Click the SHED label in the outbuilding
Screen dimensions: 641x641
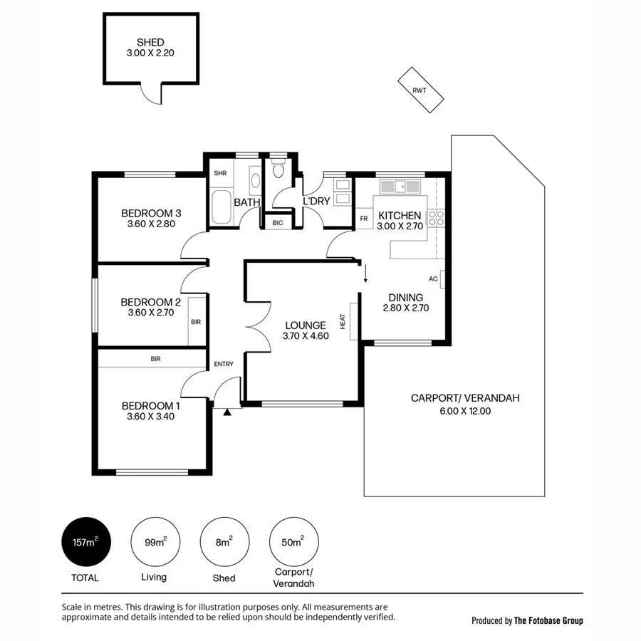point(150,43)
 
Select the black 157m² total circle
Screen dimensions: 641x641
point(85,542)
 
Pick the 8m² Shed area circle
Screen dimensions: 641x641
point(223,542)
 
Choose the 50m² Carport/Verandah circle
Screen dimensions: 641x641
point(292,542)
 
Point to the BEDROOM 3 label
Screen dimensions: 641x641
point(151,213)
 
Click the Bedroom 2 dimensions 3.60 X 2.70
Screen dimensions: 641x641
point(151,312)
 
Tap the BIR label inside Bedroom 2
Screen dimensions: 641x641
point(196,322)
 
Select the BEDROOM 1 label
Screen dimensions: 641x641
point(151,406)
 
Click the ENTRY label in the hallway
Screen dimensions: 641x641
point(224,365)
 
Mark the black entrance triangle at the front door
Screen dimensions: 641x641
point(227,412)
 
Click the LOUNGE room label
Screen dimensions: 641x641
point(304,325)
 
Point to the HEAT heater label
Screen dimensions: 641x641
point(343,323)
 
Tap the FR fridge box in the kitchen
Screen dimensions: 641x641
point(363,219)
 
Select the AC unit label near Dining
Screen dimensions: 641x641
point(433,279)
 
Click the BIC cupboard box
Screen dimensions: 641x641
point(277,222)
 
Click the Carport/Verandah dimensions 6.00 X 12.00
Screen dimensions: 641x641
point(465,410)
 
